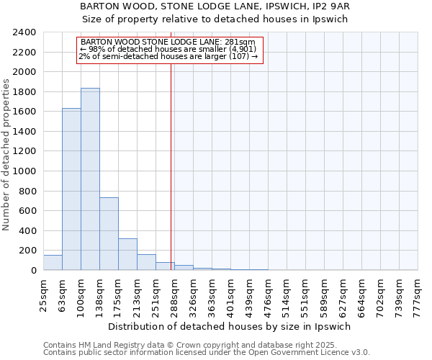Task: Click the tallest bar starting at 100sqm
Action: [x=90, y=179]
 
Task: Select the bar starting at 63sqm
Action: [x=71, y=189]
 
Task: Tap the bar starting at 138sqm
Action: [x=109, y=234]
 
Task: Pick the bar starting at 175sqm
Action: [x=127, y=254]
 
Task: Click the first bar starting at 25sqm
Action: [x=53, y=263]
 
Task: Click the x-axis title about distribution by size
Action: [x=230, y=326]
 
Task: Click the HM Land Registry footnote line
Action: [x=186, y=345]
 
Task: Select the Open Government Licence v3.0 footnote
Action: [x=206, y=353]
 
